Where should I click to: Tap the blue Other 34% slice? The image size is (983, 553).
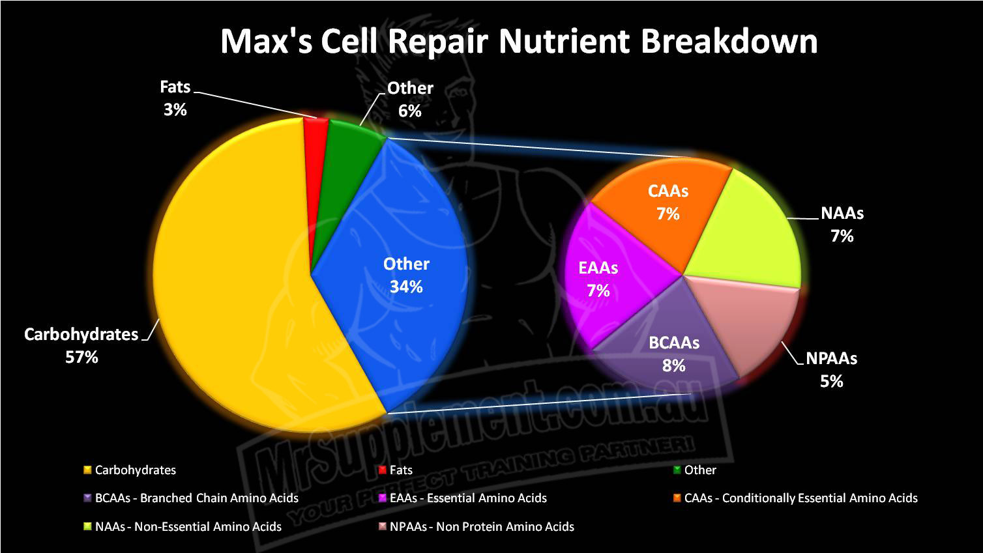pyautogui.click(x=395, y=272)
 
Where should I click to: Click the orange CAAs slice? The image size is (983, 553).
pyautogui.click(x=663, y=206)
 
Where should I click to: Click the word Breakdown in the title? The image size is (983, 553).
pyautogui.click(x=729, y=42)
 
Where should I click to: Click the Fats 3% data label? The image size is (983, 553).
pyautogui.click(x=175, y=98)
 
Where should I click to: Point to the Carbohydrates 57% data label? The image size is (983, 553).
pyautogui.click(x=81, y=346)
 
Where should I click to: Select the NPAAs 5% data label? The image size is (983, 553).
pyautogui.click(x=832, y=370)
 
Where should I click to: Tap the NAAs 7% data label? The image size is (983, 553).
pyautogui.click(x=842, y=225)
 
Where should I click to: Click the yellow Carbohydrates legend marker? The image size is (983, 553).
pyautogui.click(x=87, y=470)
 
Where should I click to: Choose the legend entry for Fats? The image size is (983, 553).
pyautogui.click(x=396, y=470)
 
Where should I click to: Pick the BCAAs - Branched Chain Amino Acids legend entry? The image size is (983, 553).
pyautogui.click(x=191, y=498)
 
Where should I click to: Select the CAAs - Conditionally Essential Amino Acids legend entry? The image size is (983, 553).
pyautogui.click(x=795, y=498)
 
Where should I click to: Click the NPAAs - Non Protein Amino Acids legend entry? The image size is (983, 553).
pyautogui.click(x=476, y=526)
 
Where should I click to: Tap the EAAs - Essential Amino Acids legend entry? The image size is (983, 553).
pyautogui.click(x=463, y=498)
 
